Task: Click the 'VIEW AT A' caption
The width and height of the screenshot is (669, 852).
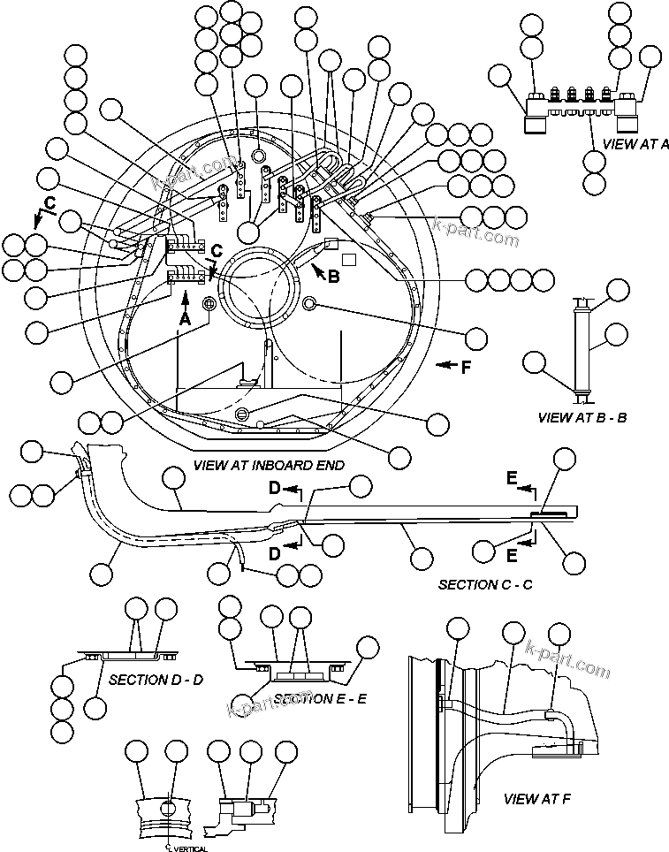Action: pos(635,143)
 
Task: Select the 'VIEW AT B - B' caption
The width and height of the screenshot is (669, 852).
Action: pos(582,417)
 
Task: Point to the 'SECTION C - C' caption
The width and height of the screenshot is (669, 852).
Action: pos(491,584)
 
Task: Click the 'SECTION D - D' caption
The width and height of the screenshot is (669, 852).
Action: pos(157,681)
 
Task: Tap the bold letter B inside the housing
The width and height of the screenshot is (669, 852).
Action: pos(333,277)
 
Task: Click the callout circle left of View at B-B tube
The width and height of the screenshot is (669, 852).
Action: pos(536,361)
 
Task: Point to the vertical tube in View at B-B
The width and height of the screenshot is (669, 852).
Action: pos(581,346)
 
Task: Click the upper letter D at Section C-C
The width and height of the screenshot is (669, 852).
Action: pos(275,488)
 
